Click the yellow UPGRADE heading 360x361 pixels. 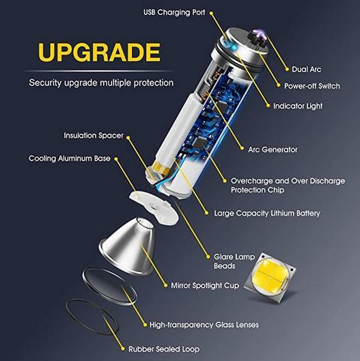point(99,52)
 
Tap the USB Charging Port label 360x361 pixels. point(174,12)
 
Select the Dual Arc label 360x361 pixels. point(307,69)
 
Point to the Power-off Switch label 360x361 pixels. point(312,86)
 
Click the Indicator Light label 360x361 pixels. point(298,106)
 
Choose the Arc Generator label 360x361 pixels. point(273,150)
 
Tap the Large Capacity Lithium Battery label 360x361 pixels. point(267,213)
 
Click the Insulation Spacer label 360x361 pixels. point(94,135)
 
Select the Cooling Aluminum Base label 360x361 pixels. point(70,159)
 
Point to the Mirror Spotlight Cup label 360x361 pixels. point(205,286)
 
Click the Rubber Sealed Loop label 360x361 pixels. point(164,349)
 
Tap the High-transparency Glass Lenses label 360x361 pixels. point(204,325)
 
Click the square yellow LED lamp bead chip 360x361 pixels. point(270,276)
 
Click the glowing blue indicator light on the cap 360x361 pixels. point(234,48)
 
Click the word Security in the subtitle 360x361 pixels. point(45,83)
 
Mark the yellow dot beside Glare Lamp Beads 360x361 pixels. point(208,257)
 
